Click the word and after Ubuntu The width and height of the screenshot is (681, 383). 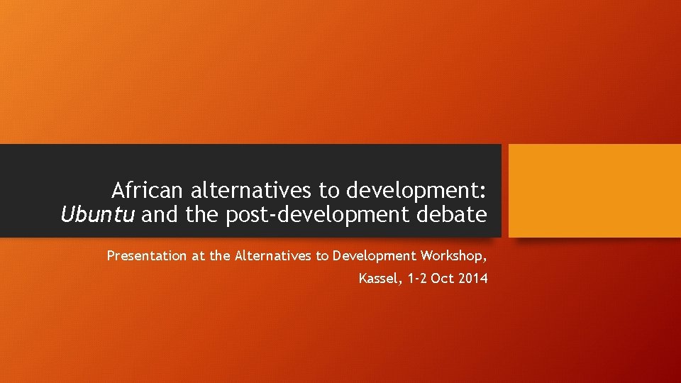[160, 215]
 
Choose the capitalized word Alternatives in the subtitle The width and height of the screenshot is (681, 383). [272, 256]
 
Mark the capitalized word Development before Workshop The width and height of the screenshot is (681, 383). [375, 256]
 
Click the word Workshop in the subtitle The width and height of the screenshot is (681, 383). [453, 256]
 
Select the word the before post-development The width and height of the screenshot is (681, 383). [203, 215]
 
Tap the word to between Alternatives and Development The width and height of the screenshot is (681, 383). [323, 256]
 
